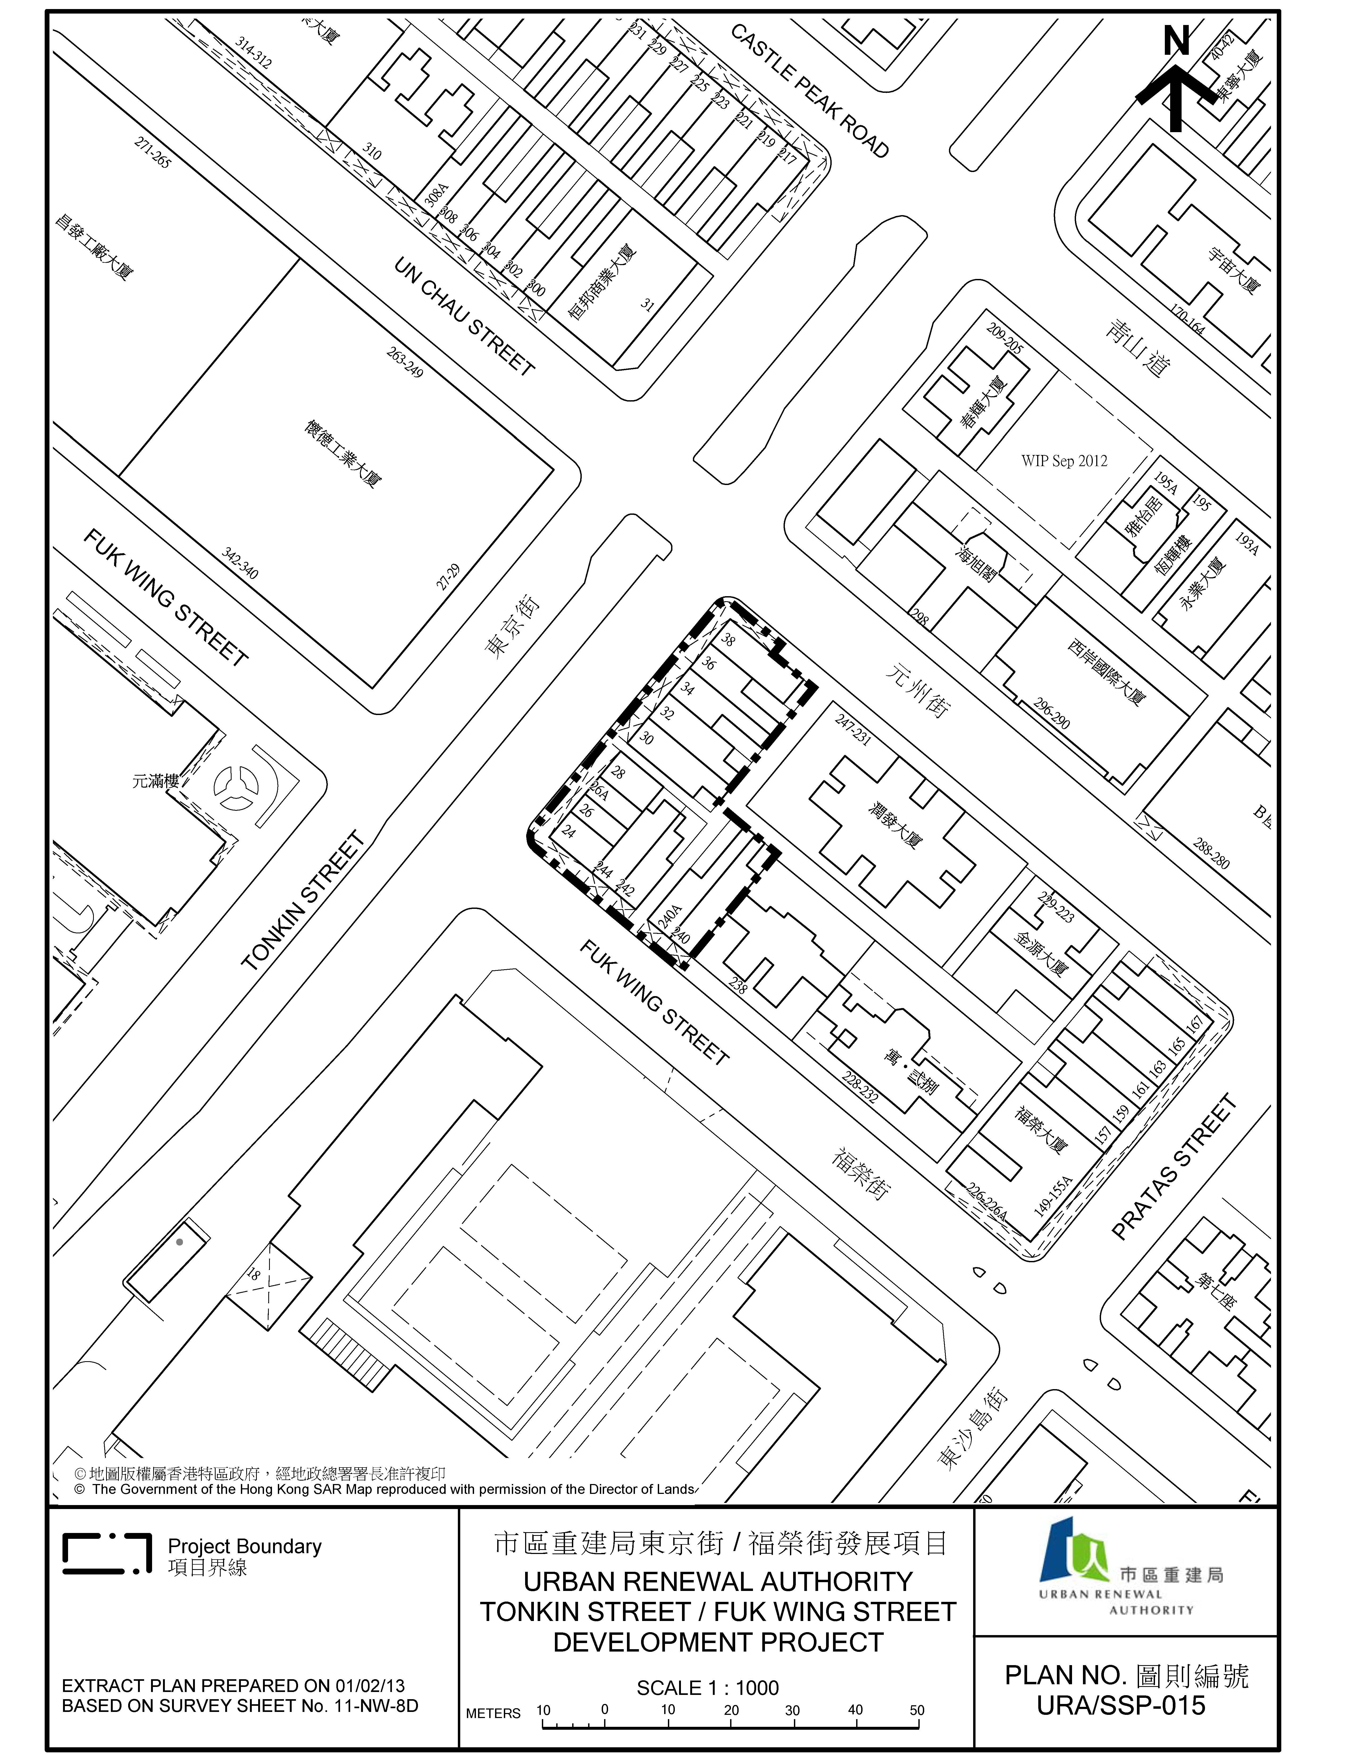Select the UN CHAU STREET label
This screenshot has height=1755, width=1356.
(x=464, y=316)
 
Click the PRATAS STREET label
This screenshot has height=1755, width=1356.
(x=1173, y=1168)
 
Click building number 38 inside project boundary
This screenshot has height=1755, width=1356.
(x=728, y=641)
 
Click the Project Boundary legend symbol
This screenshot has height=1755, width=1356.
(x=107, y=1553)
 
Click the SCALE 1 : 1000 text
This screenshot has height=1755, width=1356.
(x=708, y=1687)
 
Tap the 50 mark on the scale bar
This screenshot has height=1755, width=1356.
(x=916, y=1710)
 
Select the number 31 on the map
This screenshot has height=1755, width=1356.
(x=647, y=304)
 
